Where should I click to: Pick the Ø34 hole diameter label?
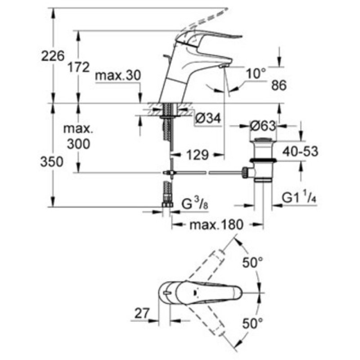pyautogui.click(x=208, y=119)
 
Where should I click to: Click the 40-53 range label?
pyautogui.click(x=300, y=151)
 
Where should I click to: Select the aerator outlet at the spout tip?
pyautogui.click(x=222, y=67)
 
